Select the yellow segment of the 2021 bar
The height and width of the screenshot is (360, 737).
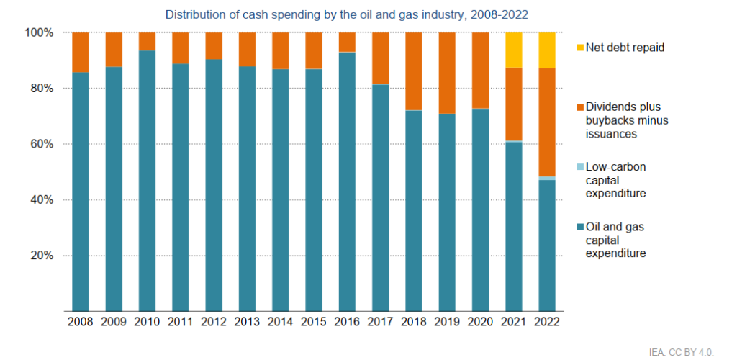point(514,50)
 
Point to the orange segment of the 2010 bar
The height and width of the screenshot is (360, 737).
point(147,41)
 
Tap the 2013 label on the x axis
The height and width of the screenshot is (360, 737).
point(247,322)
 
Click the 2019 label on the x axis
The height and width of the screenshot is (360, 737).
point(446,322)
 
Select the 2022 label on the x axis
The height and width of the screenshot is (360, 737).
point(547,322)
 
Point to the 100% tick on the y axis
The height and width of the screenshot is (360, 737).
point(40,32)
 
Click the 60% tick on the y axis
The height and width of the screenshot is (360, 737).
point(42,144)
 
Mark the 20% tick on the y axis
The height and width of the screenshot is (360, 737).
point(42,256)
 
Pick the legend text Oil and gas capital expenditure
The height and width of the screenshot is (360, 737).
point(615,240)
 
